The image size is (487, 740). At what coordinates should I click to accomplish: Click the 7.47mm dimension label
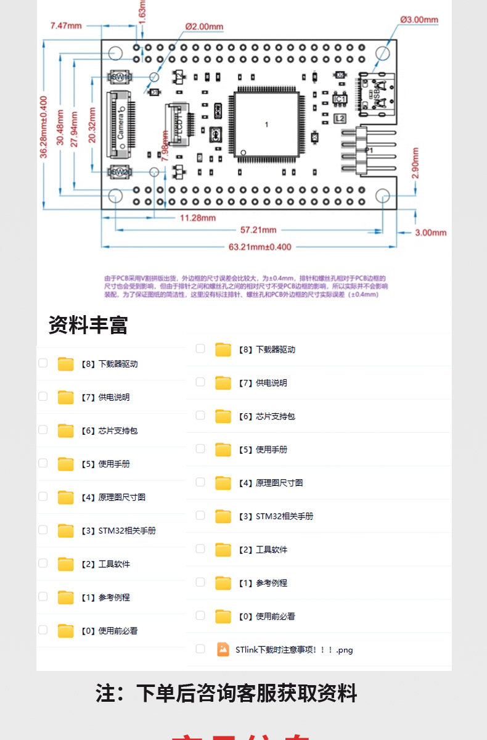(66, 25)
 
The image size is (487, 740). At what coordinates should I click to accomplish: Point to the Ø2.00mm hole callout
(204, 27)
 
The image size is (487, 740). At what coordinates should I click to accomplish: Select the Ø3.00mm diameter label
(419, 20)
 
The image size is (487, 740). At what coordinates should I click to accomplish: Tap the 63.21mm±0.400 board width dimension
(260, 247)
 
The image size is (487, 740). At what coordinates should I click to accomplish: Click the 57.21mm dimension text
(258, 230)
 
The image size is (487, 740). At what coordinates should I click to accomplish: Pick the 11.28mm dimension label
(198, 218)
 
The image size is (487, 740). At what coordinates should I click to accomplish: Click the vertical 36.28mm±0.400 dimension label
(44, 127)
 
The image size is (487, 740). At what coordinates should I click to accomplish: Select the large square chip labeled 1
(266, 125)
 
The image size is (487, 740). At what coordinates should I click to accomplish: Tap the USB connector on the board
(377, 92)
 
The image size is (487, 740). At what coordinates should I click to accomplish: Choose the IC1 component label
(340, 99)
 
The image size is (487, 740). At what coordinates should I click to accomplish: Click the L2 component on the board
(339, 118)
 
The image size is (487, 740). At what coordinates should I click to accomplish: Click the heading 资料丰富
(88, 325)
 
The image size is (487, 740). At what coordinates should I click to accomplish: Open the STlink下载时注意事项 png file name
(294, 649)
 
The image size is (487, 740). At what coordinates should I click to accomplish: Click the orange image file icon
(223, 649)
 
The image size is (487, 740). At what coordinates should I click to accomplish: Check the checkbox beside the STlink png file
(200, 649)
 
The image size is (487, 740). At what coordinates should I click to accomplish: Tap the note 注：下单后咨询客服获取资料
(226, 693)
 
